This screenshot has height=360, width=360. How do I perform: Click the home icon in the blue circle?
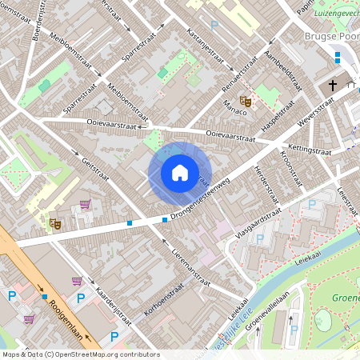(180, 173)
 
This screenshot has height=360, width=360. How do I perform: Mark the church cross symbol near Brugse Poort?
(334, 86)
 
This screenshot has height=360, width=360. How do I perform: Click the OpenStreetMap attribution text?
(81, 354)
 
